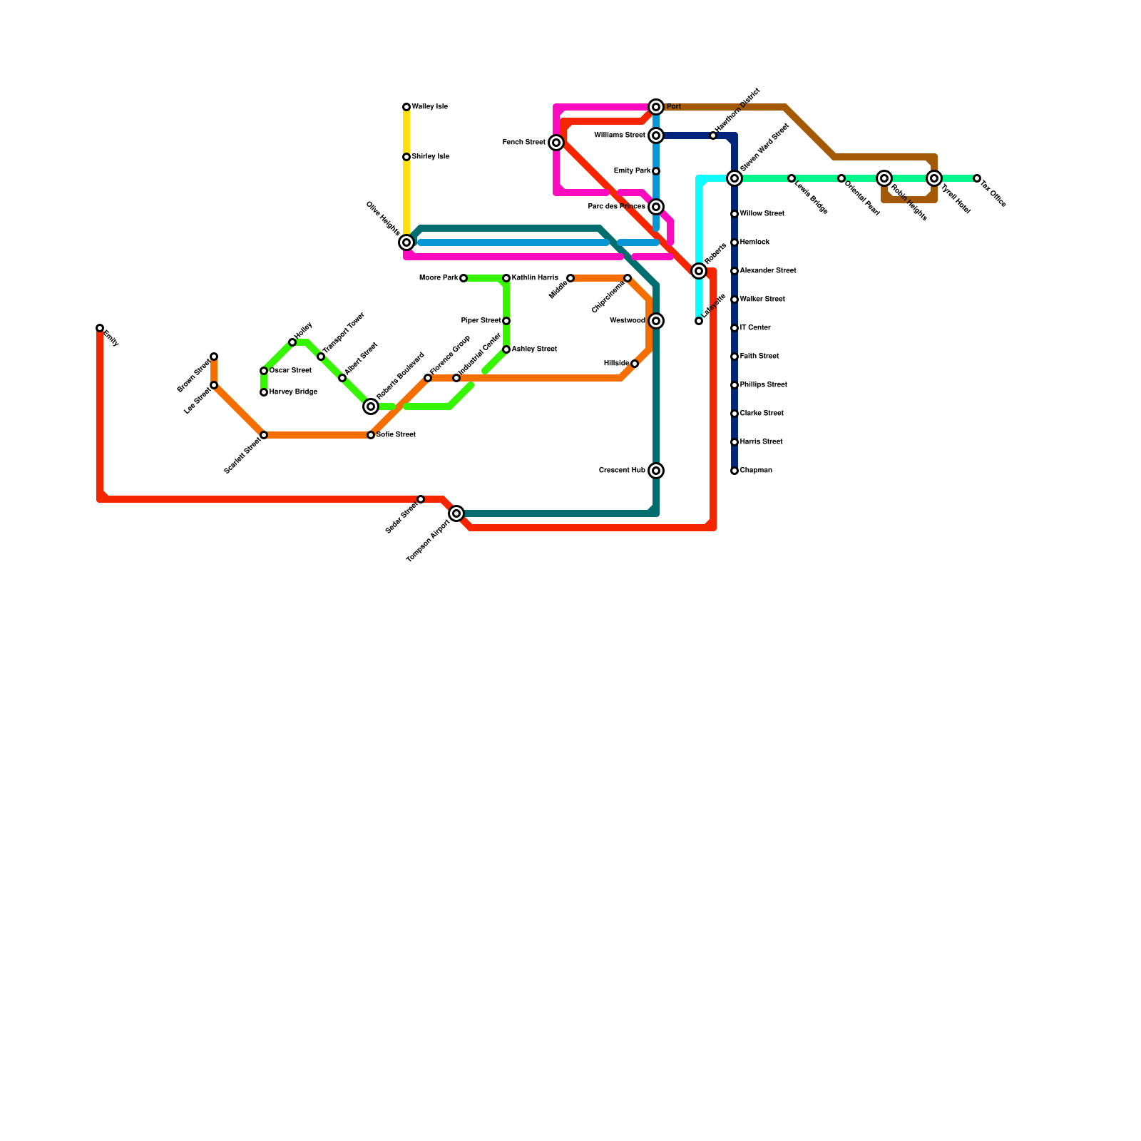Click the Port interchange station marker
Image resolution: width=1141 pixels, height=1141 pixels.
coord(656,107)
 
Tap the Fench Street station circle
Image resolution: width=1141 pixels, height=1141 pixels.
coord(556,143)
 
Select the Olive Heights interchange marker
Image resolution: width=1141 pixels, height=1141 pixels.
coord(406,242)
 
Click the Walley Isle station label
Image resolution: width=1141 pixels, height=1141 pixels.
coord(430,107)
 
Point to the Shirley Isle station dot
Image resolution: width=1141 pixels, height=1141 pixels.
coord(406,157)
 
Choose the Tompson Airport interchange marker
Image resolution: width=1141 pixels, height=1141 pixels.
coord(456,513)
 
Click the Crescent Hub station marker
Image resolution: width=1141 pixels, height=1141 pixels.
coord(656,471)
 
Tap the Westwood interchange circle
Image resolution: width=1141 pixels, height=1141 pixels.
coord(656,321)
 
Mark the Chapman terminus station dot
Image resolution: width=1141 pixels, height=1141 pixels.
coord(735,471)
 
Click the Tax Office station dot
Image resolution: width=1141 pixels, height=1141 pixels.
coord(977,178)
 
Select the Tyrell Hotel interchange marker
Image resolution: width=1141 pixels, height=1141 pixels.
coord(934,178)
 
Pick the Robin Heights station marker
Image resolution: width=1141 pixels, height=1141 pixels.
coord(884,178)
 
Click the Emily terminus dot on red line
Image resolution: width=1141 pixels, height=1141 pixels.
coord(100,328)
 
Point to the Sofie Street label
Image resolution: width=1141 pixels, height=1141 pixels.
coord(396,435)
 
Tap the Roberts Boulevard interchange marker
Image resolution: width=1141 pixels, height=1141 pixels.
coord(371,406)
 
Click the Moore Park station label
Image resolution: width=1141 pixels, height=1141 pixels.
coord(439,278)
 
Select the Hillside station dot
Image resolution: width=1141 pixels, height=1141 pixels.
coord(635,364)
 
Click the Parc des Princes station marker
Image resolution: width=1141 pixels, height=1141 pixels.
coord(656,207)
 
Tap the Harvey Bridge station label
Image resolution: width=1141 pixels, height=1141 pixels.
coord(293,392)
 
